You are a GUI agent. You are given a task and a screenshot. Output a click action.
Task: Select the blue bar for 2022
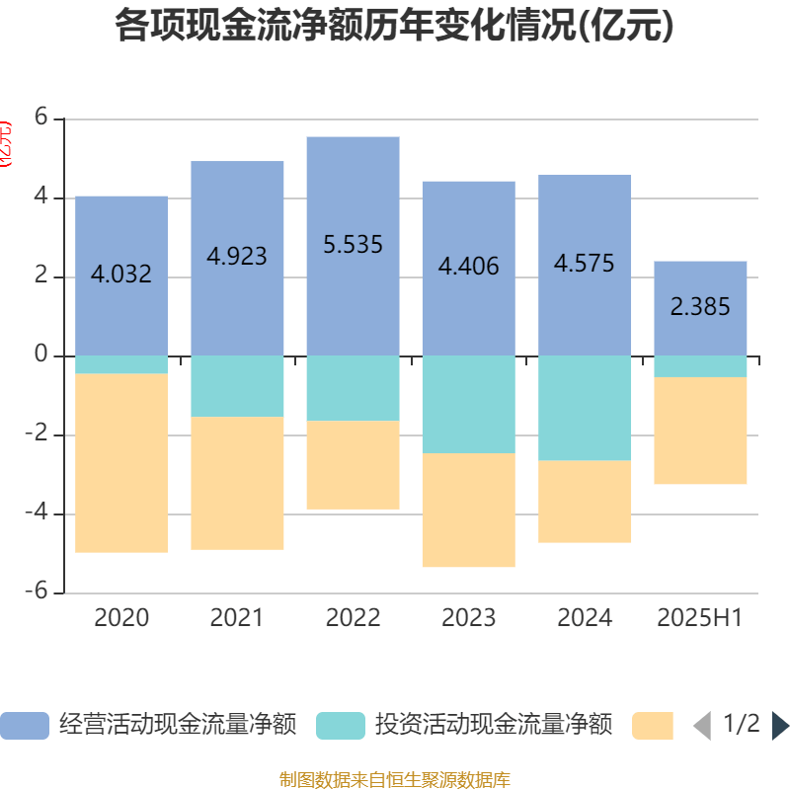(353, 197)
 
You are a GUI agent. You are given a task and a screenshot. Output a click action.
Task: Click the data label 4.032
(121, 275)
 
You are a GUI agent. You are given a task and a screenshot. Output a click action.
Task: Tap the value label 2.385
(700, 307)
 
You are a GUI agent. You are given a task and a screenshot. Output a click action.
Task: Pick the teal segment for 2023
(468, 404)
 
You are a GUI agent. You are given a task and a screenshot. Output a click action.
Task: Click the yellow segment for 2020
(121, 463)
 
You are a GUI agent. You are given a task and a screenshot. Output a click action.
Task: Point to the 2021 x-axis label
(237, 618)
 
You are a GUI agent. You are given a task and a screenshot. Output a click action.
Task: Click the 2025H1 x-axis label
(700, 618)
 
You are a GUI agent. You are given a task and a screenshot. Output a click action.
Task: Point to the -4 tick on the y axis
(41, 513)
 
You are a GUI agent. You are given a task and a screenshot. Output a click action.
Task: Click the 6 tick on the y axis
(41, 117)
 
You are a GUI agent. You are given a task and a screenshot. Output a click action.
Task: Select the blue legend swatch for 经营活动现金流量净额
(24, 726)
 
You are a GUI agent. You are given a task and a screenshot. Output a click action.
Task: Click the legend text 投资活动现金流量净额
(494, 726)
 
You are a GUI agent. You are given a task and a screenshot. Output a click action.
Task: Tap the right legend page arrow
(780, 726)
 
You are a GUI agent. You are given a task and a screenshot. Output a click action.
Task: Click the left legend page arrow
(702, 726)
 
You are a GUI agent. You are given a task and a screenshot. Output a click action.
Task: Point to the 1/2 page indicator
(742, 725)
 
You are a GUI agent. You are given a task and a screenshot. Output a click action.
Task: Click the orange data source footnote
(395, 780)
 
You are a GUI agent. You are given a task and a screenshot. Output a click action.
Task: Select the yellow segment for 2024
(585, 502)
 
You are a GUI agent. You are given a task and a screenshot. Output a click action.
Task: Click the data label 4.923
(237, 257)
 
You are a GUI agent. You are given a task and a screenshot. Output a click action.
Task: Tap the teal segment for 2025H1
(700, 366)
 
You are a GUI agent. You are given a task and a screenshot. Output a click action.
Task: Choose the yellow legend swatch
(652, 726)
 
